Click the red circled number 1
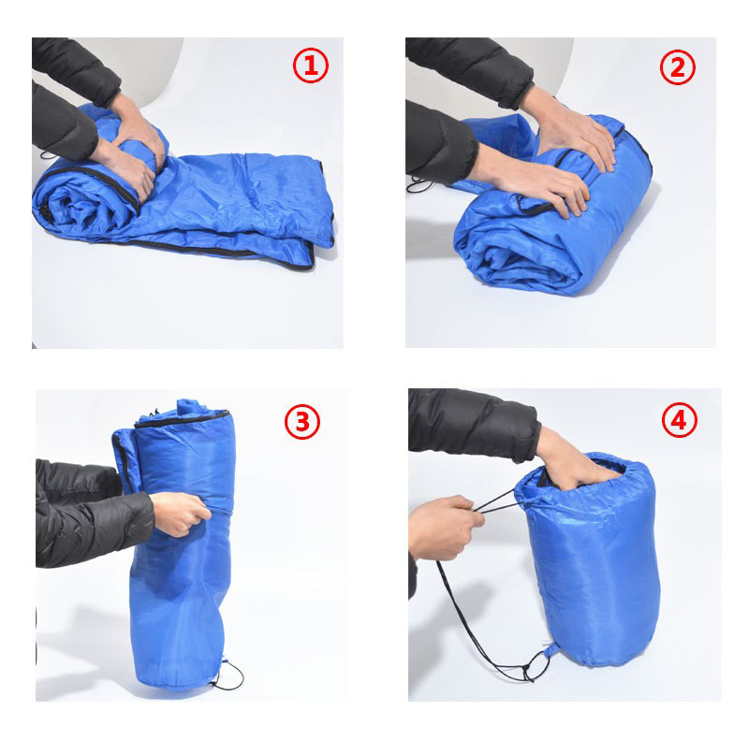point(311,65)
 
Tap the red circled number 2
point(678,66)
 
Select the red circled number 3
point(302,421)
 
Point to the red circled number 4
point(680,420)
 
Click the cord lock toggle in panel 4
point(528,673)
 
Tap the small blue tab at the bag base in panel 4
point(552,649)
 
